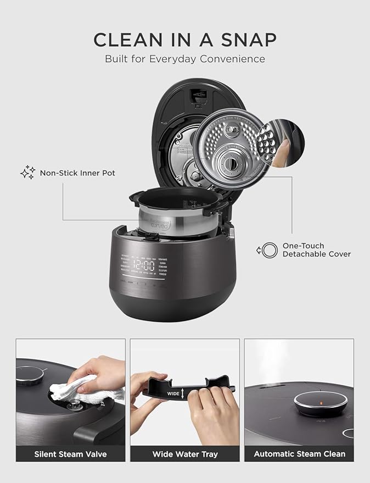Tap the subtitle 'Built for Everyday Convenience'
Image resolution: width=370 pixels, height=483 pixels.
pos(185,59)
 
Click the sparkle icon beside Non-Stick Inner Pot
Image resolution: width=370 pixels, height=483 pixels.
pos(27,173)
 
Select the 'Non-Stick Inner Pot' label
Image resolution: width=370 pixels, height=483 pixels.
pos(77,173)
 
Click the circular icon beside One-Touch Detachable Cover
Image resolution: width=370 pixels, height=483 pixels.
pos(268,251)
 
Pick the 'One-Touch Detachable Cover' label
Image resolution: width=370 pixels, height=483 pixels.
pos(316,250)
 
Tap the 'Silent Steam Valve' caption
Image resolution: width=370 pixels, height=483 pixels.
pos(70,454)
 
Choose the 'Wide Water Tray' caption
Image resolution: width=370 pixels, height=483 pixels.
pos(184,454)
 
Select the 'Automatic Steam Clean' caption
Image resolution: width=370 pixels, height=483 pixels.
pos(299,454)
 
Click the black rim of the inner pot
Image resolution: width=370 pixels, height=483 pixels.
pos(176,196)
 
